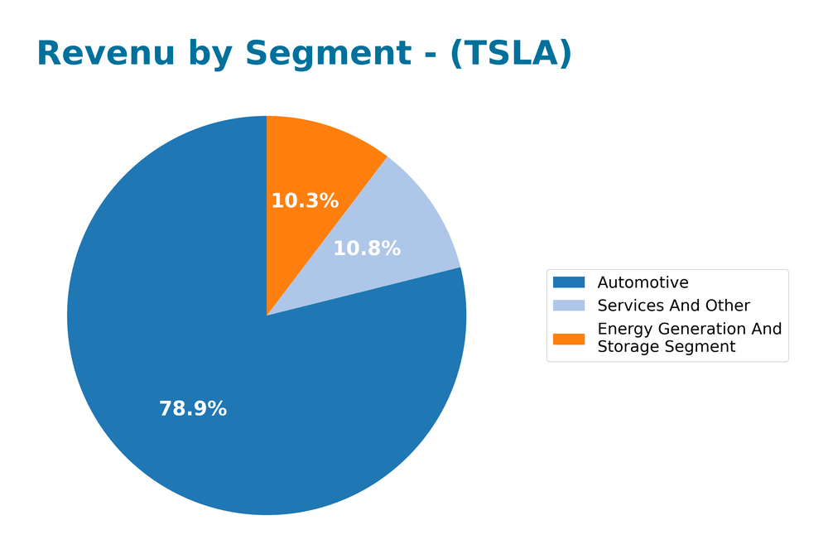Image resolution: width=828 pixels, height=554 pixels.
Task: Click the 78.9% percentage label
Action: click(x=193, y=409)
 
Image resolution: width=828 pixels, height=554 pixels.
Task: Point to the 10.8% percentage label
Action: click(x=367, y=248)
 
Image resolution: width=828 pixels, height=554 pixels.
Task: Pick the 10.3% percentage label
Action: click(x=305, y=201)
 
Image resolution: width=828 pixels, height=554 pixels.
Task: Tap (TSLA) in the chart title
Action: click(x=511, y=54)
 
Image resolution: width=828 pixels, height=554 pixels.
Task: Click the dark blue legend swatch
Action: click(x=569, y=283)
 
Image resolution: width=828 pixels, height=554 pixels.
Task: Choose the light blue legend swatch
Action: click(x=569, y=306)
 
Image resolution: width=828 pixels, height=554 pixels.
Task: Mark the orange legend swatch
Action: click(x=569, y=338)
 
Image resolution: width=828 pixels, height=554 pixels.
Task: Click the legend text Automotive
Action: click(x=643, y=283)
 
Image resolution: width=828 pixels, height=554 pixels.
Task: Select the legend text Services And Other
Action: click(x=673, y=306)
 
